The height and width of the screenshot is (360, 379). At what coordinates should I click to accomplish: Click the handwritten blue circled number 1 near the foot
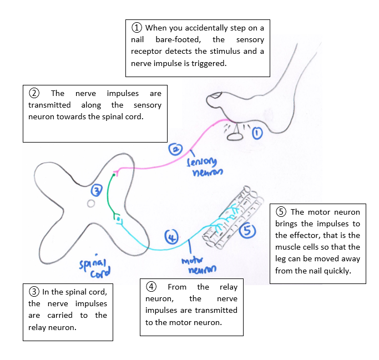[x=257, y=133]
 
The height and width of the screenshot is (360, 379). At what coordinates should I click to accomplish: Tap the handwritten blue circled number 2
[x=175, y=149]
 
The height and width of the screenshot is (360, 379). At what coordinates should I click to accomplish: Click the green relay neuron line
[x=109, y=194]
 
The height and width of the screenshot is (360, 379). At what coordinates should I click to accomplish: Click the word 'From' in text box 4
[x=178, y=287]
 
